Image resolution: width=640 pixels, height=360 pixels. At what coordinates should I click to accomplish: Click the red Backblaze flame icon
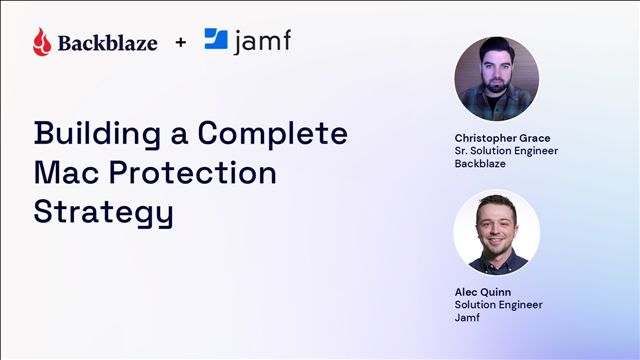(x=42, y=42)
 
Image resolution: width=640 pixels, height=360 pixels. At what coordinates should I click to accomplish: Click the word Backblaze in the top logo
(x=108, y=43)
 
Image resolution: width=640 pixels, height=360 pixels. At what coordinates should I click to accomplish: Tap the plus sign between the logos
(x=181, y=42)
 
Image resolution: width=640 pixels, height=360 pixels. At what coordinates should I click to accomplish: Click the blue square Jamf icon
(x=216, y=39)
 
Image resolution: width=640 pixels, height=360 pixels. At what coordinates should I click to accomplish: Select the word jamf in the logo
(x=262, y=41)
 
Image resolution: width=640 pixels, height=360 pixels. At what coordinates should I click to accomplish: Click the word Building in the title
(x=98, y=133)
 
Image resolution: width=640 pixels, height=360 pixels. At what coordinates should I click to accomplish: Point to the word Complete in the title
(x=273, y=133)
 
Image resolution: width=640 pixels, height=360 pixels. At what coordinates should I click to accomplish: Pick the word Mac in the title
(x=67, y=172)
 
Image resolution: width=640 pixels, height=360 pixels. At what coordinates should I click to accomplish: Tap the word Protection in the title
(x=193, y=172)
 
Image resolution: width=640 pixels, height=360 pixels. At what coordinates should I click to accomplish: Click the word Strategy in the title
(x=104, y=212)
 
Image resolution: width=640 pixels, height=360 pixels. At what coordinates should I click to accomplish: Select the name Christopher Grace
(x=502, y=138)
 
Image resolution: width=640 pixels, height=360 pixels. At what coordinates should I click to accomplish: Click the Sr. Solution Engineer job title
(x=506, y=151)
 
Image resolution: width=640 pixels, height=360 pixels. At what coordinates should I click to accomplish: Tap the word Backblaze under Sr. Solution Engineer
(x=480, y=164)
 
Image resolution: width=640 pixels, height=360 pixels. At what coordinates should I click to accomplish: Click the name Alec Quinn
(x=483, y=292)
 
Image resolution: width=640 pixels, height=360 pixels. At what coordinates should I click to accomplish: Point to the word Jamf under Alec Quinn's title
(x=467, y=317)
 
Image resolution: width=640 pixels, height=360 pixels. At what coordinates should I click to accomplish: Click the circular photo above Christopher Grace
(x=497, y=79)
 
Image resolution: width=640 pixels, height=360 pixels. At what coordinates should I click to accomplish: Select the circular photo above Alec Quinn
(x=497, y=233)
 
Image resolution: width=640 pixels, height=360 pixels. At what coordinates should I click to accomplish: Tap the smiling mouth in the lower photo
(x=496, y=240)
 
